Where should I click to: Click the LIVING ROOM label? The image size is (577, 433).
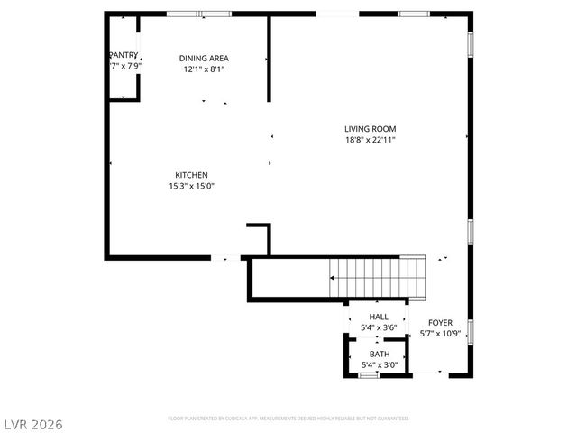click(x=370, y=128)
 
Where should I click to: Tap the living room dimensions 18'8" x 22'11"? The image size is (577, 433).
click(x=370, y=140)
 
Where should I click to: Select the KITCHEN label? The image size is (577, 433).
click(x=192, y=175)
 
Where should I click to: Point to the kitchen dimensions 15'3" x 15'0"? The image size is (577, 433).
click(x=192, y=187)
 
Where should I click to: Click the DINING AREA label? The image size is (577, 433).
click(x=203, y=58)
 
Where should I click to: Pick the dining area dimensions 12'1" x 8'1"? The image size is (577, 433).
click(x=203, y=69)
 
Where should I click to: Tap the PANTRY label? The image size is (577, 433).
click(x=124, y=55)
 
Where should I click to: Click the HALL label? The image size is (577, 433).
click(x=379, y=317)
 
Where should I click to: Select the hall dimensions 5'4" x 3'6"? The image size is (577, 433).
click(x=379, y=327)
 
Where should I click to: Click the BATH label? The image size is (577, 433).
click(x=379, y=355)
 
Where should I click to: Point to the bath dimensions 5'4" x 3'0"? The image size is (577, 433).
click(x=379, y=365)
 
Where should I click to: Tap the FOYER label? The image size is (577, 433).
click(x=440, y=323)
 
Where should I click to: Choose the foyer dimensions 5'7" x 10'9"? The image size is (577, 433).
click(x=440, y=335)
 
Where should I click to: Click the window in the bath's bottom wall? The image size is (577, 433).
click(x=369, y=374)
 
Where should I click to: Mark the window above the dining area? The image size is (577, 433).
click(x=199, y=14)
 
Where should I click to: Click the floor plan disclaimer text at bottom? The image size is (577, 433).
click(x=288, y=419)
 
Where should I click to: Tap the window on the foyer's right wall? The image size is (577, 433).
click(x=470, y=331)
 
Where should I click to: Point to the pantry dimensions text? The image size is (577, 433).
click(x=124, y=67)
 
